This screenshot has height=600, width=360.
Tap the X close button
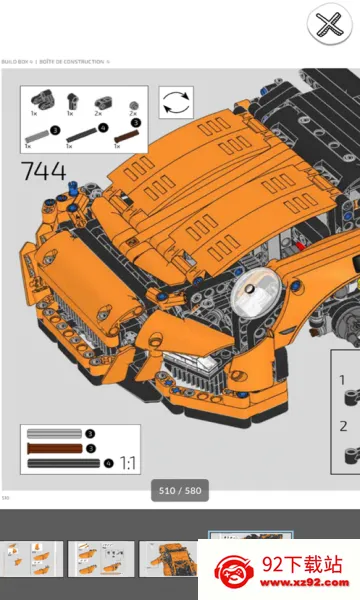pyautogui.click(x=327, y=24)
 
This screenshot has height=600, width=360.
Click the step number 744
pyautogui.click(x=43, y=171)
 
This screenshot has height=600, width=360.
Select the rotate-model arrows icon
pyautogui.click(x=176, y=103)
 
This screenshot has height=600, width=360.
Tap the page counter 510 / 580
pyautogui.click(x=179, y=491)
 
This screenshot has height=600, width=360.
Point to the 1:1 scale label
pyautogui.click(x=129, y=463)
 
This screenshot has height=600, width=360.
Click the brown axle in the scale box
pyautogui.click(x=55, y=448)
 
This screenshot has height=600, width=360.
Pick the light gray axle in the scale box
pyautogui.click(x=55, y=434)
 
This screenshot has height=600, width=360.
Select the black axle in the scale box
pyautogui.click(x=62, y=463)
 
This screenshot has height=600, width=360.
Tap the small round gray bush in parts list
pyautogui.click(x=133, y=102)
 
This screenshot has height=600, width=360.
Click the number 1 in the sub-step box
pyautogui.click(x=343, y=381)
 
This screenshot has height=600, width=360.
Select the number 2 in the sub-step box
pyautogui.click(x=343, y=425)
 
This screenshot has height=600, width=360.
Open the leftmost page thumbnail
pyautogui.click(x=30, y=559)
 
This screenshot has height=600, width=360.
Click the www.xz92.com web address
pyautogui.click(x=306, y=584)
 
